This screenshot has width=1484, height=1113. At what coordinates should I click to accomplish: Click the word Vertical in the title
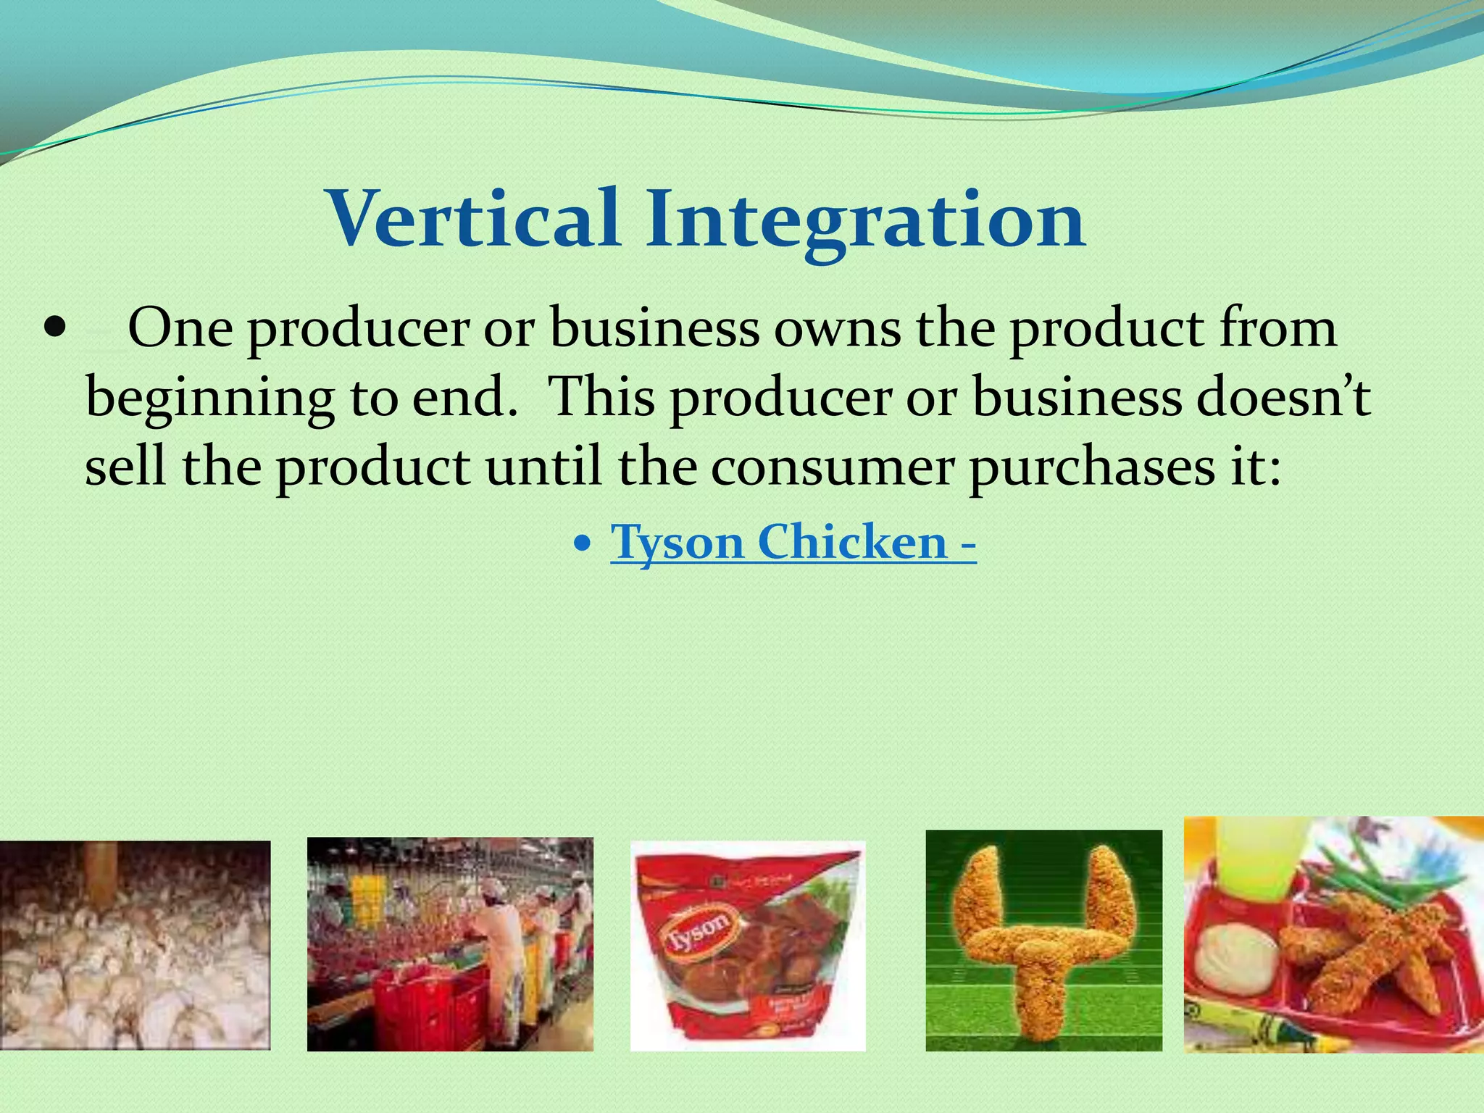[475, 218]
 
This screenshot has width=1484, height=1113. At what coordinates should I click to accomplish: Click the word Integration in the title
[866, 218]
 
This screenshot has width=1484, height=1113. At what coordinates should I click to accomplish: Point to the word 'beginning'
[209, 399]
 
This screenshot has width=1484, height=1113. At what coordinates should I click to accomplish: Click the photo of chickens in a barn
[135, 945]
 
